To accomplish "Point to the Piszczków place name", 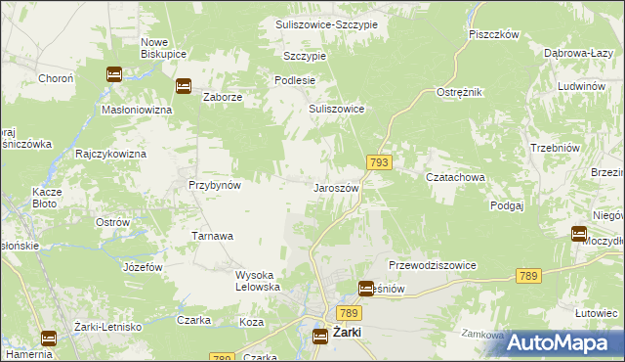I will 492,33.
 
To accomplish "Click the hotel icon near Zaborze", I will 183,86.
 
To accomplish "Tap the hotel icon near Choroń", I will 113,73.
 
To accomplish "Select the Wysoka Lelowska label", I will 258,281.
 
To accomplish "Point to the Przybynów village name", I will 215,184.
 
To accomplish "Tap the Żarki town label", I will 347,334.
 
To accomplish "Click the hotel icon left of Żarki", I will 320,337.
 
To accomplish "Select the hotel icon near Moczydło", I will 579,234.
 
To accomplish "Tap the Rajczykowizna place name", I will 110,155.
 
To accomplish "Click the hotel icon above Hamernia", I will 48,339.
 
